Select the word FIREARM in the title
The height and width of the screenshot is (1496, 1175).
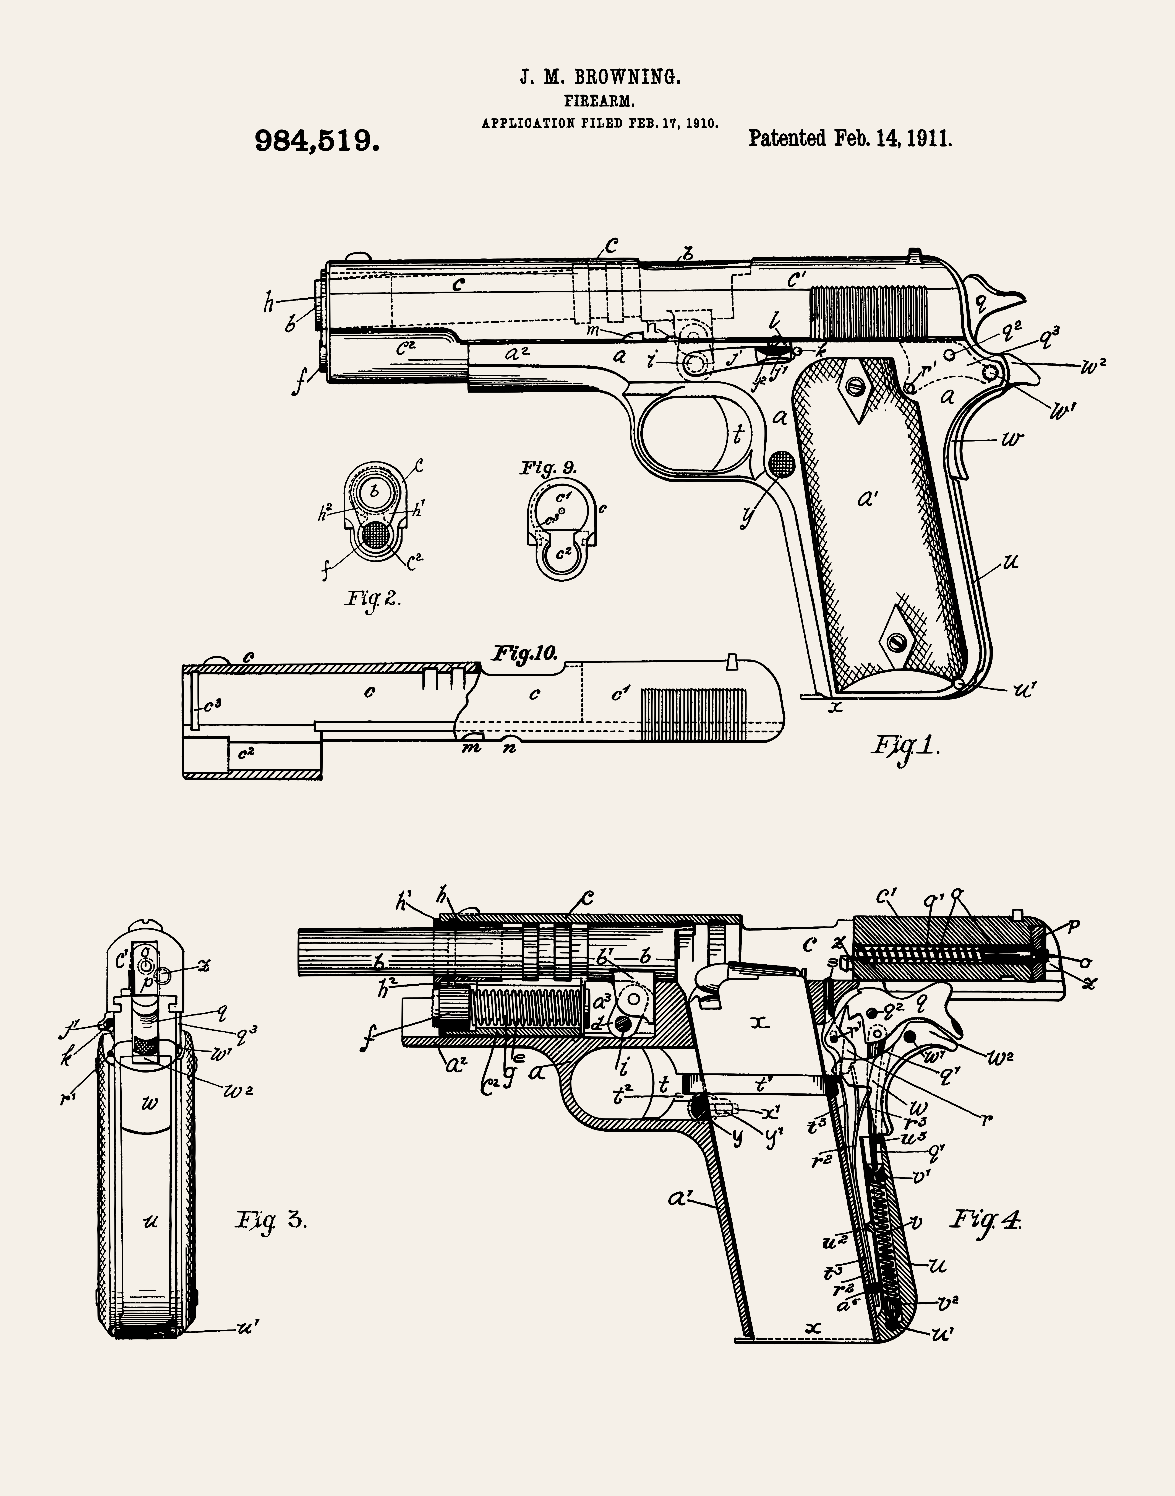[599, 101]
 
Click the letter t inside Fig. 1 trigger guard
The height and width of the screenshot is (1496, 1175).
[738, 435]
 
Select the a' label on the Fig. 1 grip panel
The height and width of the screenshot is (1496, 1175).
[868, 499]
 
